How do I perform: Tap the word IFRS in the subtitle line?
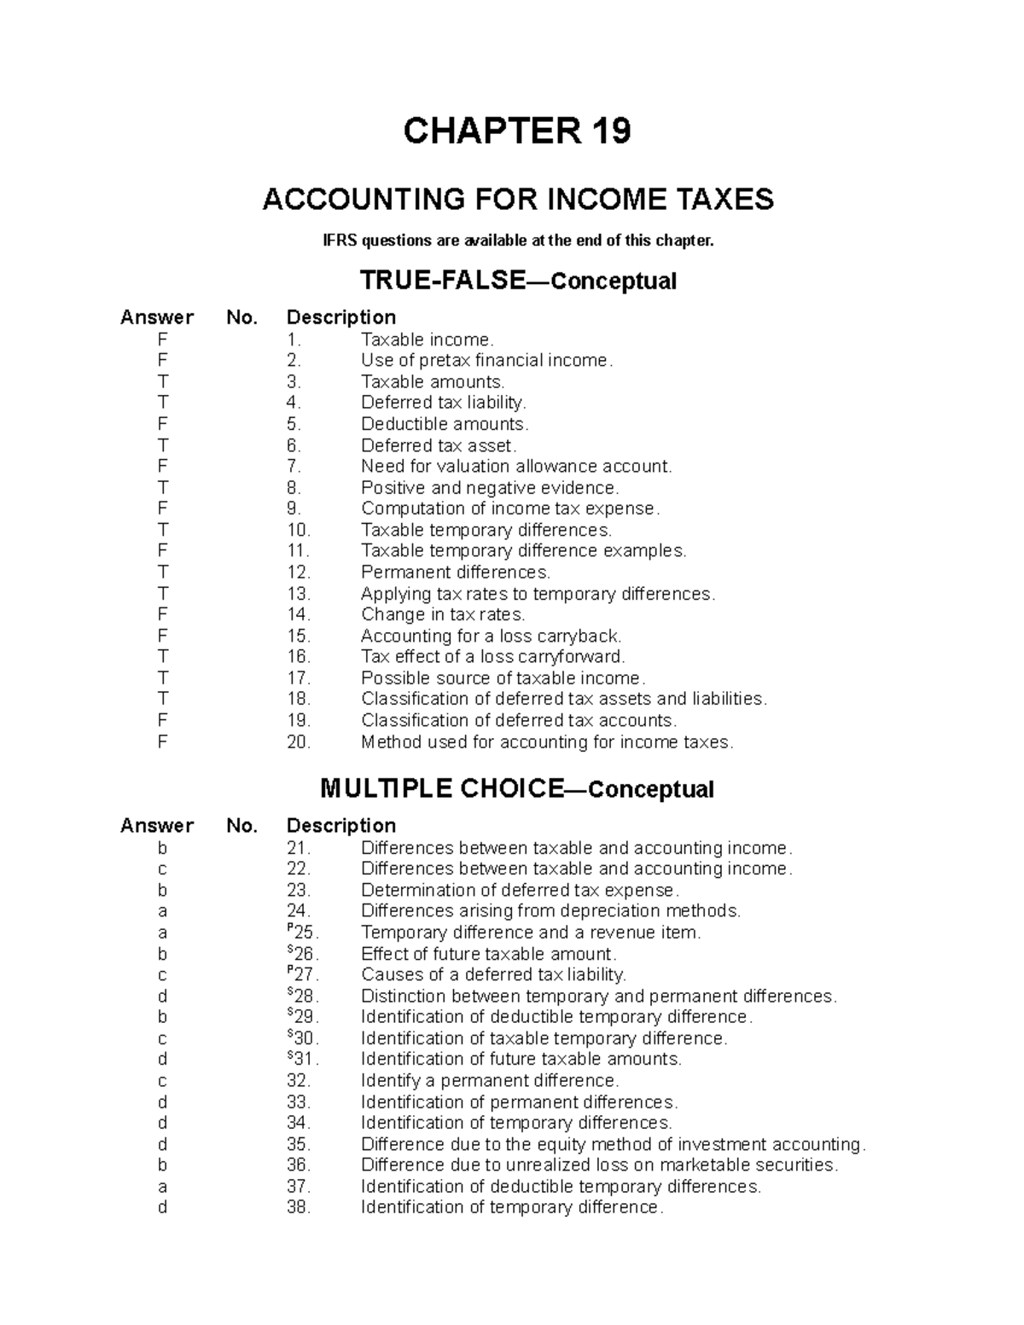pos(340,241)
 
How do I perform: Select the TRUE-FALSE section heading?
pos(442,280)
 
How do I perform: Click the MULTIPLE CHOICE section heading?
pos(441,788)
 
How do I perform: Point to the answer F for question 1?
pos(162,340)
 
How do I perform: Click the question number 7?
pos(294,467)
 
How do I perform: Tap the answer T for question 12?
pos(162,572)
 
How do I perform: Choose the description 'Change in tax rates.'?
pos(443,615)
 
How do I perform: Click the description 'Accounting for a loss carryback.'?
pos(491,636)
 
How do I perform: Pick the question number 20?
pos(298,742)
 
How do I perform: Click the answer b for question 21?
pos(162,848)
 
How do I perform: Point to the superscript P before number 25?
pos(290,927)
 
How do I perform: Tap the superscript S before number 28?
pos(290,991)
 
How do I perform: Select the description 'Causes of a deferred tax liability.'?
pos(493,975)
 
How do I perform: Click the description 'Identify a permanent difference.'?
pos(489,1081)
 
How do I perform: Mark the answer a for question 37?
pos(162,1187)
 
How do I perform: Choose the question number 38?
pos(298,1207)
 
